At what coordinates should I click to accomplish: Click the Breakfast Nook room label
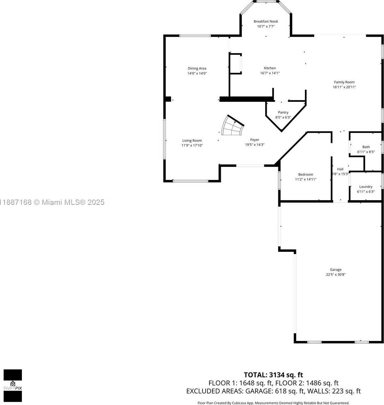pyautogui.click(x=266, y=22)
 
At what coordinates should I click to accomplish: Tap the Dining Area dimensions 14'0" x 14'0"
pyautogui.click(x=197, y=74)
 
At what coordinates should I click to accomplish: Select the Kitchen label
pyautogui.click(x=270, y=68)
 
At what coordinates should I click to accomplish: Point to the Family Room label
pyautogui.click(x=344, y=82)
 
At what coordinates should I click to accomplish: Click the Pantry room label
pyautogui.click(x=283, y=112)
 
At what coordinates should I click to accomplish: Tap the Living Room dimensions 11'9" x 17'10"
pyautogui.click(x=192, y=145)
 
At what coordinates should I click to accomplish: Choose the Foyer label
pyautogui.click(x=254, y=140)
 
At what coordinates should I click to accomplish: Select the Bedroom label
pyautogui.click(x=306, y=174)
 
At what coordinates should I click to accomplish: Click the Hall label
pyautogui.click(x=340, y=169)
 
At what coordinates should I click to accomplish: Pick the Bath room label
pyautogui.click(x=366, y=147)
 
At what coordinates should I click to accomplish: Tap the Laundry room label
pyautogui.click(x=366, y=187)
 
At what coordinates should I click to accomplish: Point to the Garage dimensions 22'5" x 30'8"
pyautogui.click(x=336, y=274)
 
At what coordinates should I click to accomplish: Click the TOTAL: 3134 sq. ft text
pyautogui.click(x=273, y=375)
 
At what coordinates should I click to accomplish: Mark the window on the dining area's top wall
pyautogui.click(x=195, y=36)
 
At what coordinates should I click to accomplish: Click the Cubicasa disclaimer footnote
pyautogui.click(x=273, y=403)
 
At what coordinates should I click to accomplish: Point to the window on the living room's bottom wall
pyautogui.click(x=190, y=181)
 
